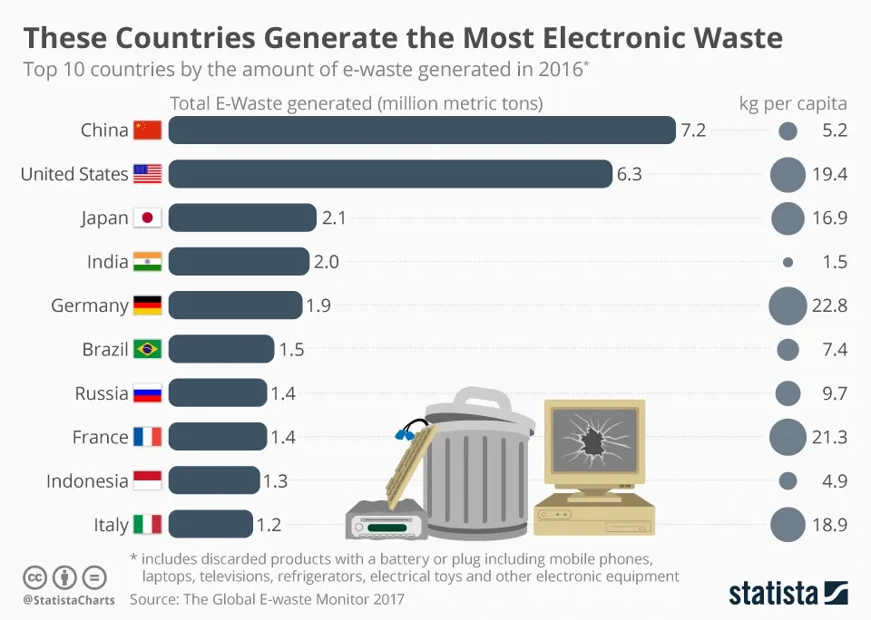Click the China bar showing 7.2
coord(422,131)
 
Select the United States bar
coord(390,174)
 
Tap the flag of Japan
coord(147,218)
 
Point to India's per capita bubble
coord(788,262)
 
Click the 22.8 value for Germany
coord(829,305)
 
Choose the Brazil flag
coord(147,349)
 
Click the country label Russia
coord(102,393)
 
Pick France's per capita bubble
coord(788,438)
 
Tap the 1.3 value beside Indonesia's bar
coord(275,481)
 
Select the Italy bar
coord(210,525)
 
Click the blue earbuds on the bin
coord(406,433)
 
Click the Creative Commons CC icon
coord(34,576)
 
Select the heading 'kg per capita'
coord(793,103)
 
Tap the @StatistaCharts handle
coord(68,600)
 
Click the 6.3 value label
coord(629,174)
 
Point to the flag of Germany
coord(147,305)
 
